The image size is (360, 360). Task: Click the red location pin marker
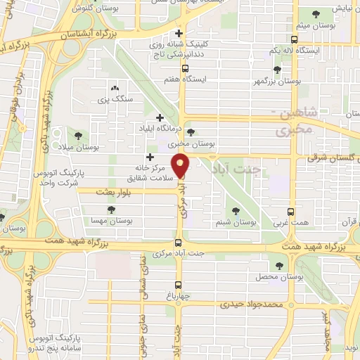181,166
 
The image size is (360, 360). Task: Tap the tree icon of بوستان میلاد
78,136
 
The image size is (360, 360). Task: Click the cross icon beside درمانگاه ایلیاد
160,117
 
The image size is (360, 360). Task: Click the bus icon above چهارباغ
177,285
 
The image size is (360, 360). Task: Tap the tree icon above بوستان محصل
280,266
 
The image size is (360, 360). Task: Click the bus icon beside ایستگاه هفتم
185,69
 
